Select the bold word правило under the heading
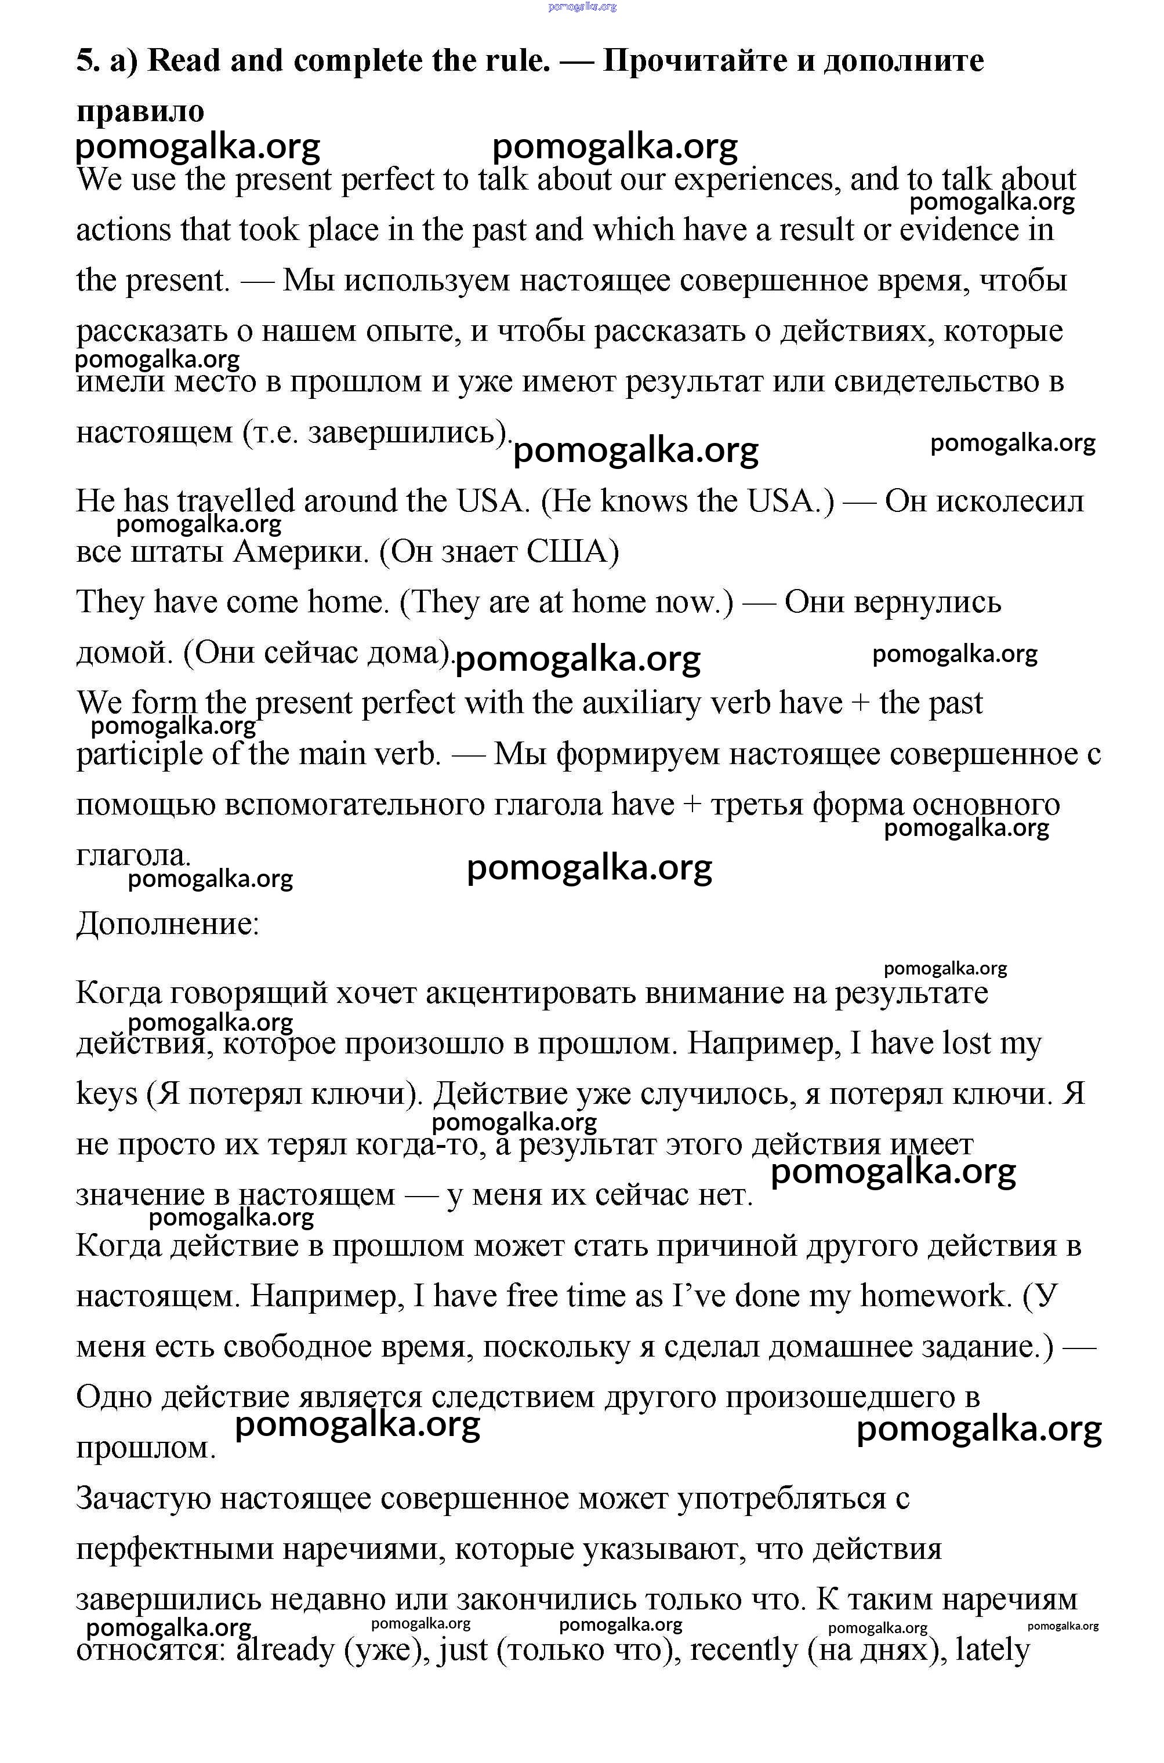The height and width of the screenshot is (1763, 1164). click(x=140, y=111)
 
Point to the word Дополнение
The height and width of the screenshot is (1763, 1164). click(x=168, y=923)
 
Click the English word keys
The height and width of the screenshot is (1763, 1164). click(x=107, y=1094)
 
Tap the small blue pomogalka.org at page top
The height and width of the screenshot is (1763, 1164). click(x=582, y=7)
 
